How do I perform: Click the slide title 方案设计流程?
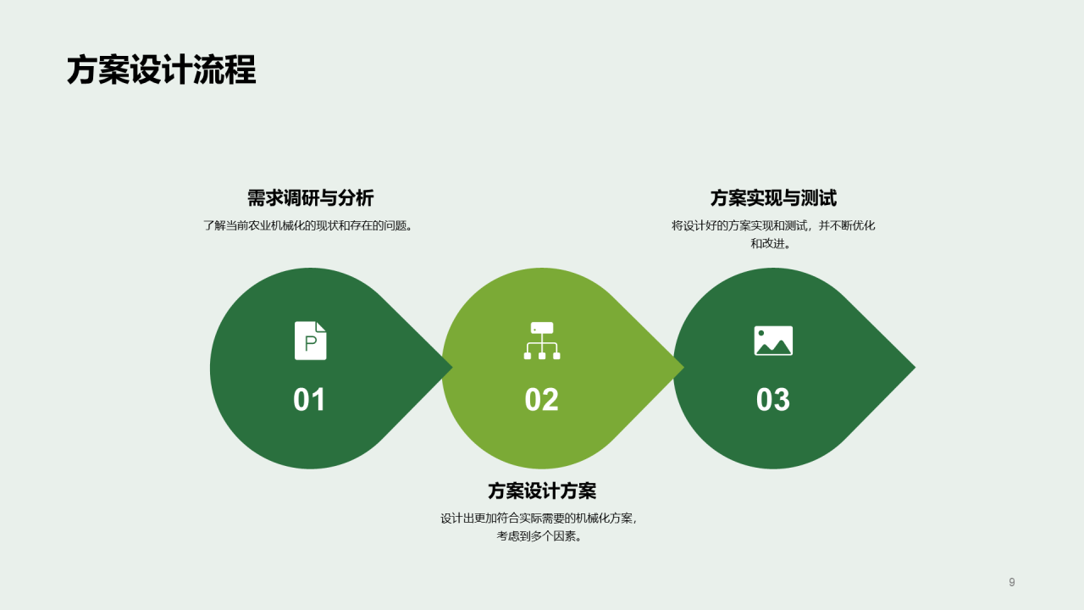161,70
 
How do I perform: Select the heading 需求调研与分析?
310,198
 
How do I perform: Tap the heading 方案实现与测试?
773,198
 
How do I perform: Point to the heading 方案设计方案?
542,491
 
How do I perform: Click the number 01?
309,400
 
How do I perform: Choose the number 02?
541,400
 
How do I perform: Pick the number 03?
772,400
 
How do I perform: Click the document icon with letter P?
310,341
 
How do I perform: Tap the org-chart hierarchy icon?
542,341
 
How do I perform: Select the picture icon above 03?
773,341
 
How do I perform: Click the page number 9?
1012,582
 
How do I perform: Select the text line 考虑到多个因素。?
539,536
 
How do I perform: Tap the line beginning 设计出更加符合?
539,518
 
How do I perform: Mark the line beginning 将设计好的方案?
773,226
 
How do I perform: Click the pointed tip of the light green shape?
681,368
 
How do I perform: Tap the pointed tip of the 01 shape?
450,368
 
